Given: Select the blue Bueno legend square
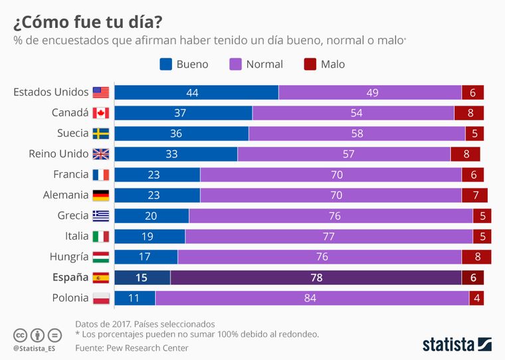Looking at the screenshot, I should [x=166, y=64].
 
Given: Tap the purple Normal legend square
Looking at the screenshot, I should [x=235, y=64].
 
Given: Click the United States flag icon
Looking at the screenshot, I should [x=100, y=92].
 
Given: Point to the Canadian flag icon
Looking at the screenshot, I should [x=100, y=113].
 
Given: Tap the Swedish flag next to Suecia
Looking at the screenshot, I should [x=100, y=134].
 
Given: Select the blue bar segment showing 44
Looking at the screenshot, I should [x=196, y=92].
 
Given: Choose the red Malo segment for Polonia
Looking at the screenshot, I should [x=476, y=298].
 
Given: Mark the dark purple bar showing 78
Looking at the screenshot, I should [x=316, y=278].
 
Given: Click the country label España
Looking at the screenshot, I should [x=70, y=278].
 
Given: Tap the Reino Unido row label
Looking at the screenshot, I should [x=58, y=154].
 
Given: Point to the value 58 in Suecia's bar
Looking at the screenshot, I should [x=357, y=134].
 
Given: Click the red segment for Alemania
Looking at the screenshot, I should [x=474, y=195].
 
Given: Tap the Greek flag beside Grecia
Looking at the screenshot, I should [x=100, y=216].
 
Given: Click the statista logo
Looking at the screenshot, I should [x=456, y=343].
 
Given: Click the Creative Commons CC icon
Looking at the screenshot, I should [x=20, y=334].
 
